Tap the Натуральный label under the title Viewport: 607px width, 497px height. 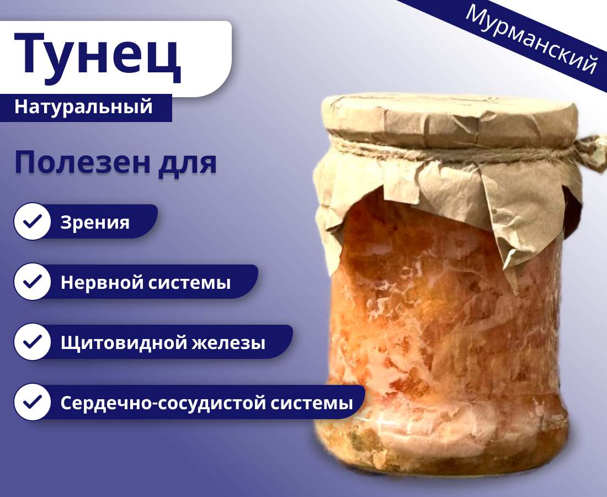coord(83,107)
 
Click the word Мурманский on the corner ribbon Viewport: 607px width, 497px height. coord(531,39)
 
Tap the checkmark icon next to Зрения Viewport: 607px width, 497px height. coord(33,222)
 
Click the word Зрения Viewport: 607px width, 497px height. coord(95,223)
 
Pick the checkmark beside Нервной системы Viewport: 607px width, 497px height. coord(33,282)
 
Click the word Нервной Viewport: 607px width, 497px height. coord(102,283)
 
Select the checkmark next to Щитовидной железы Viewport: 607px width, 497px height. coord(33,342)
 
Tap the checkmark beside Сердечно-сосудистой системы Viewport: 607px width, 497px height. coord(33,403)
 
